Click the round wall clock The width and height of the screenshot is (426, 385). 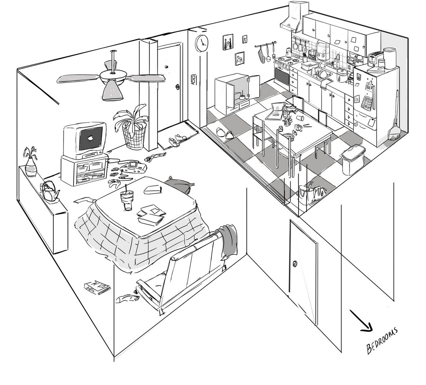(x=201, y=43)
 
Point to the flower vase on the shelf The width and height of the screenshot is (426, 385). (x=31, y=167)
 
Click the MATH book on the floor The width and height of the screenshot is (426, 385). (x=97, y=287)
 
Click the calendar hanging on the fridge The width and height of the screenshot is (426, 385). (x=366, y=103)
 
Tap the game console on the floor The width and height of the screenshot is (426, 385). (x=132, y=166)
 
